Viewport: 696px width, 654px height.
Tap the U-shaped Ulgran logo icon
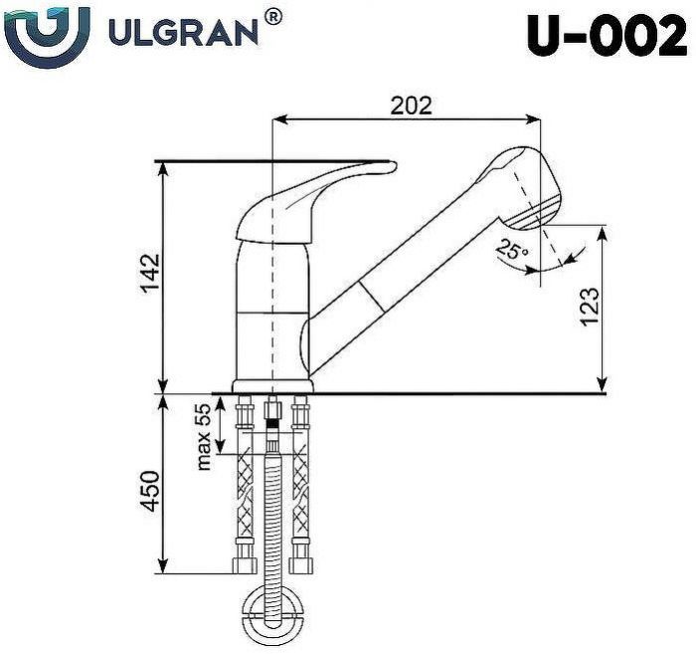pos(46,34)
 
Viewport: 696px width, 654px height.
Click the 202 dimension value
pos(410,106)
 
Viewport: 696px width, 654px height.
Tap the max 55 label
pos(204,435)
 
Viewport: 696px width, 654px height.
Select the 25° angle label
pos(512,251)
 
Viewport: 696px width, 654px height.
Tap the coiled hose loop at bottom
pos(272,609)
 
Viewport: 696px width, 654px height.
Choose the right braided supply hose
pos(299,488)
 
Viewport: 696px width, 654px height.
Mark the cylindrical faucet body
pos(268,309)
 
